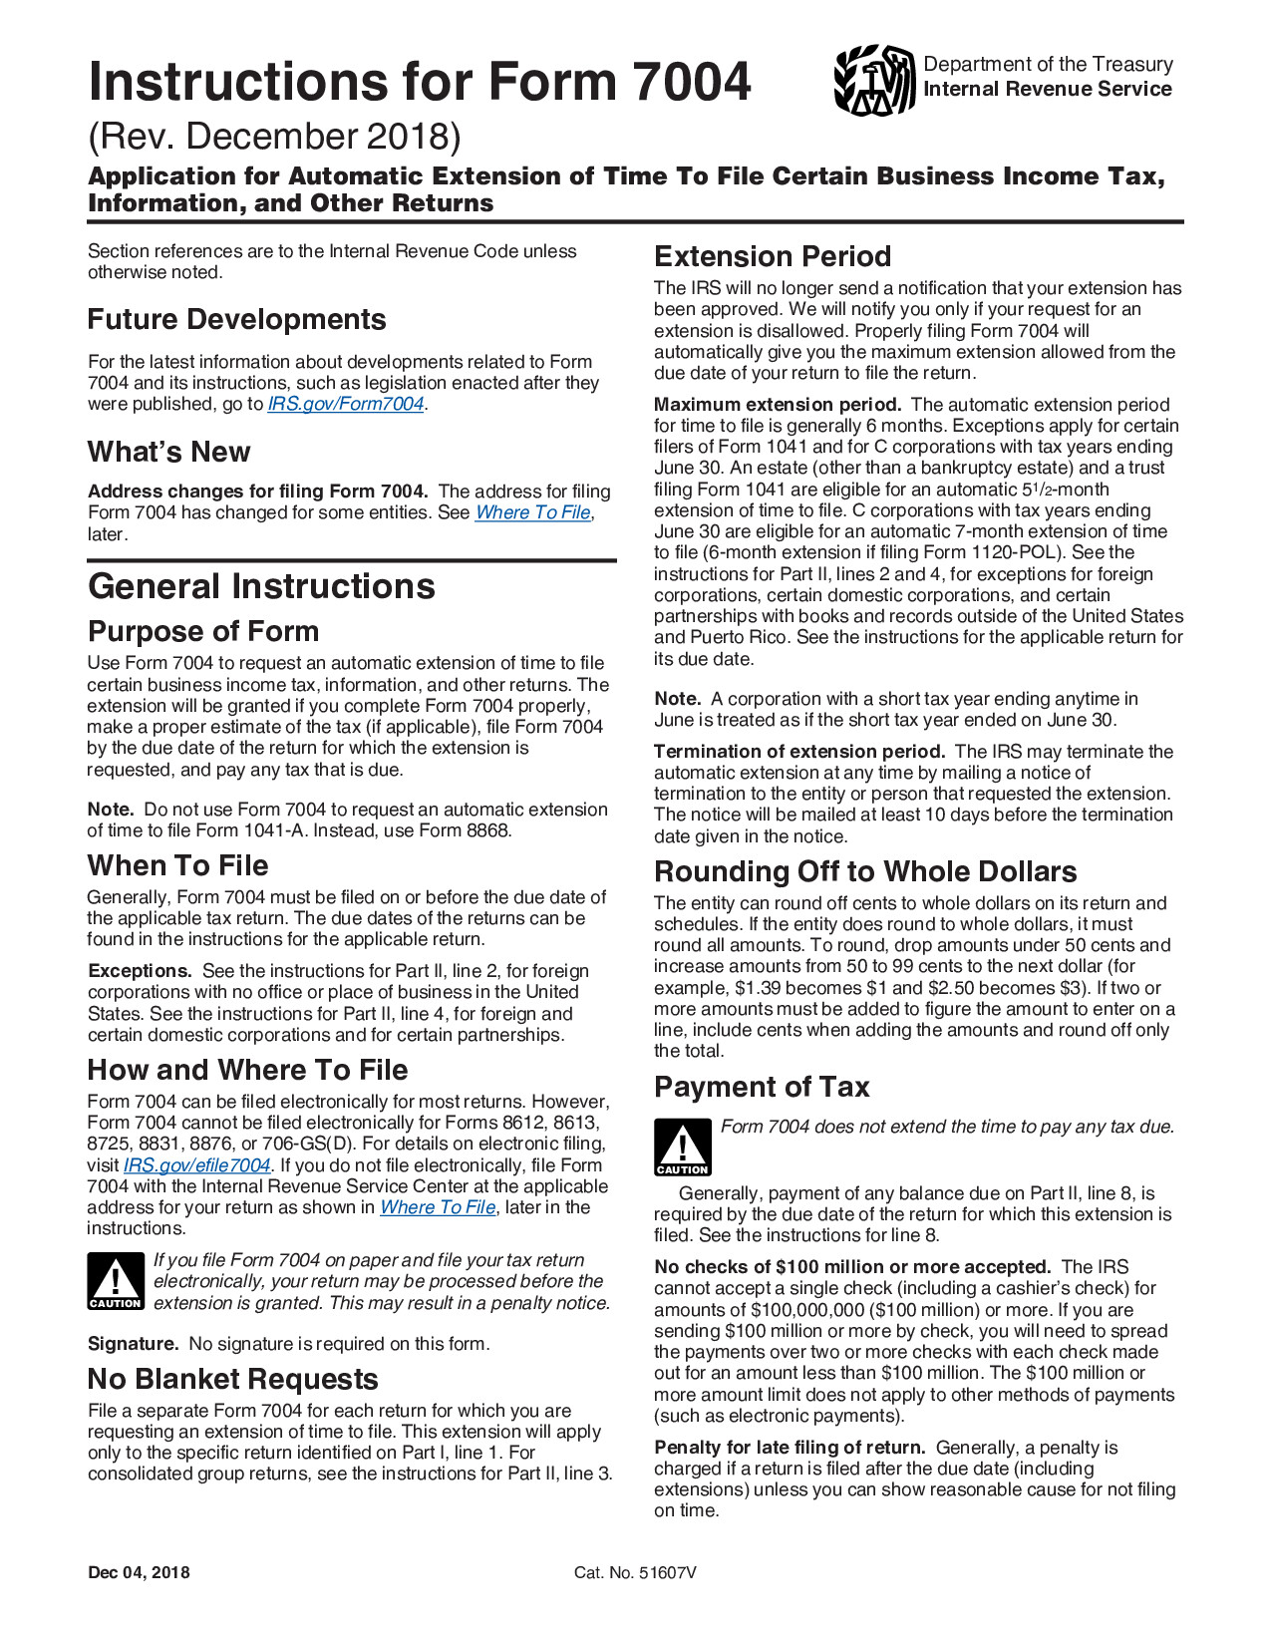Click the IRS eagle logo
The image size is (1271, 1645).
pyautogui.click(x=874, y=80)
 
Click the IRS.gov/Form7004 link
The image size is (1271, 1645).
pyautogui.click(x=346, y=404)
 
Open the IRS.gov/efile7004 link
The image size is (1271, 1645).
pyautogui.click(x=196, y=1165)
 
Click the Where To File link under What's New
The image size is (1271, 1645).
pyautogui.click(x=533, y=512)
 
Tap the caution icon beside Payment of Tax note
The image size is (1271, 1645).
pyautogui.click(x=682, y=1147)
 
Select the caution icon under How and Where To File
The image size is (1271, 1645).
pyautogui.click(x=116, y=1281)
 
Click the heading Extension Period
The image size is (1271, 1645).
pyautogui.click(x=772, y=256)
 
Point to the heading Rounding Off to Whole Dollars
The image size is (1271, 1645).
pyautogui.click(x=864, y=871)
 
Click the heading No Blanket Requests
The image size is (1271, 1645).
pyautogui.click(x=232, y=1379)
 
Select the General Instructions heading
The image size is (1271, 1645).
pyautogui.click(x=261, y=586)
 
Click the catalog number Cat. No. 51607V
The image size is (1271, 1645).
pyautogui.click(x=635, y=1573)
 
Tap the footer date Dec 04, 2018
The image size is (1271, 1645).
pyautogui.click(x=139, y=1573)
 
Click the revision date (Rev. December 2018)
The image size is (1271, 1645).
pyautogui.click(x=274, y=137)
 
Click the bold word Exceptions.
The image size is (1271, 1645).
pyautogui.click(x=140, y=971)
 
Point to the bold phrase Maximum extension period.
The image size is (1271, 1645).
pyautogui.click(x=777, y=405)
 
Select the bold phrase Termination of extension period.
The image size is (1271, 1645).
pyautogui.click(x=798, y=752)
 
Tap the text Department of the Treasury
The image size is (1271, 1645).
pyautogui.click(x=1048, y=64)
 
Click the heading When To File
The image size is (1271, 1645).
pyautogui.click(x=177, y=865)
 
